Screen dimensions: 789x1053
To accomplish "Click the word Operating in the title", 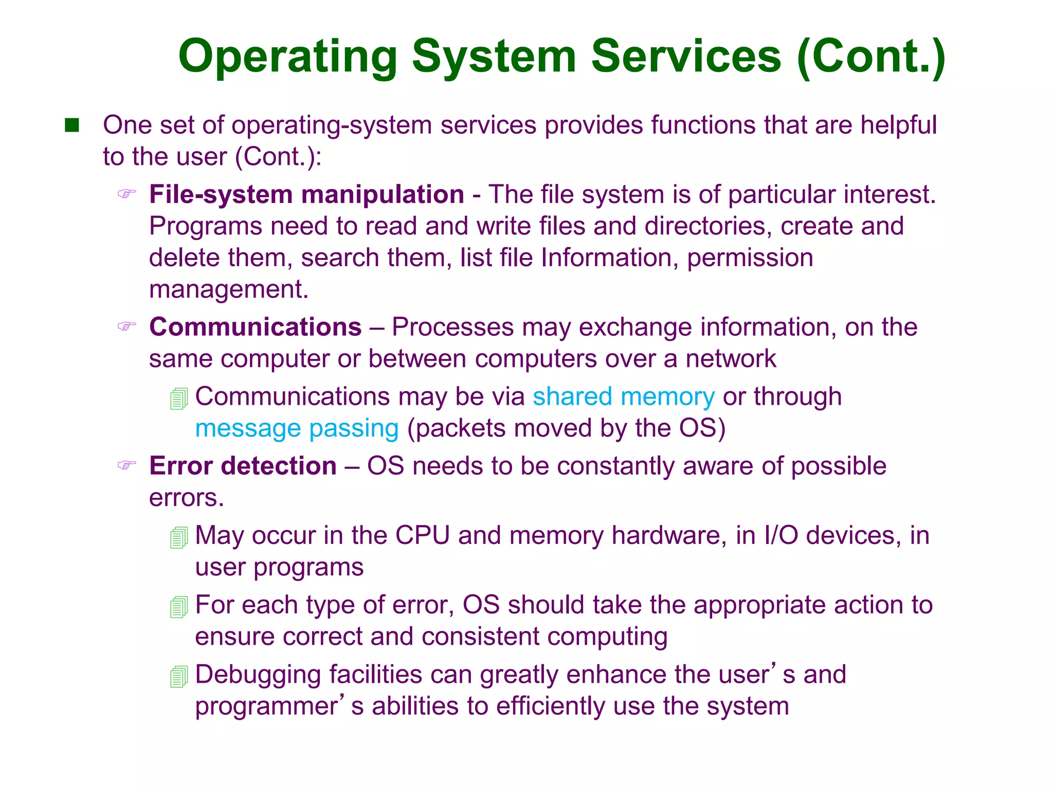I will [x=288, y=58].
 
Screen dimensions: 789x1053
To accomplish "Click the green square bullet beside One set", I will [x=72, y=125].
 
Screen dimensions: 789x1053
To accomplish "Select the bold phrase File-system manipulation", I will [x=306, y=195].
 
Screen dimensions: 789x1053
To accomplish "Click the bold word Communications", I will [x=256, y=327].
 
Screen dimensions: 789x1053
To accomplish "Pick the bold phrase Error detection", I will [x=243, y=466].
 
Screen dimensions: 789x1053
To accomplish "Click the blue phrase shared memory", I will [x=623, y=397].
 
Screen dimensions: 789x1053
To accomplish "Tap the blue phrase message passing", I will [x=297, y=428].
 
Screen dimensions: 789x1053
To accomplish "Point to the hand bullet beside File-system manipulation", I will [x=127, y=194].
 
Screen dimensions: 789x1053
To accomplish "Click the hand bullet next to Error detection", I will [x=127, y=465].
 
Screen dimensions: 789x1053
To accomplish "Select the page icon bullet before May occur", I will [x=179, y=537].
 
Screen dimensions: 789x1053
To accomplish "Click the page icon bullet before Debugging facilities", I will [x=179, y=676].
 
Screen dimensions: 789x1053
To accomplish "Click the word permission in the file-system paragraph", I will [x=750, y=258].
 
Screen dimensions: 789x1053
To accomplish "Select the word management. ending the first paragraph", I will [x=229, y=290].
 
